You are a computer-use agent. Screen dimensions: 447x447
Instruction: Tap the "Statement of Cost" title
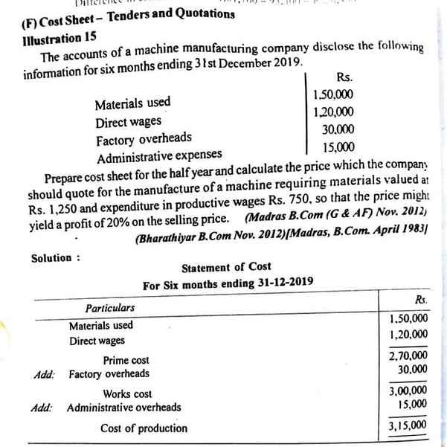coord(226,267)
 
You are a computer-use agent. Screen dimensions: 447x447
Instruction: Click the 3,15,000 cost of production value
coord(408,425)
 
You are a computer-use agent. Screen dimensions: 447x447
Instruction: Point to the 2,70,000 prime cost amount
coord(408,356)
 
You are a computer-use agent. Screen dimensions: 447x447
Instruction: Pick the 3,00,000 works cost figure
coord(408,390)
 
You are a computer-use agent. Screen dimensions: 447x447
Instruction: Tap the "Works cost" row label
coord(127,394)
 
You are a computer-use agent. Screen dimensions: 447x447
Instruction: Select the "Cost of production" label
coord(144,428)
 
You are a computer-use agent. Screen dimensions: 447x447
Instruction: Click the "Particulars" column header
coord(110,307)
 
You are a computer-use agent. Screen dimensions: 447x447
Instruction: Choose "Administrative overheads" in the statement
coord(123,408)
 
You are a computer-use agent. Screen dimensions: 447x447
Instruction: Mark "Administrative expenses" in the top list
coord(159,155)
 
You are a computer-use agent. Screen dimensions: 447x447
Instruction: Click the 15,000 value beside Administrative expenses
coord(339,147)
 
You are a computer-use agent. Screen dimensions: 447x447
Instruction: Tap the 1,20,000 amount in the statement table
coord(408,335)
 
